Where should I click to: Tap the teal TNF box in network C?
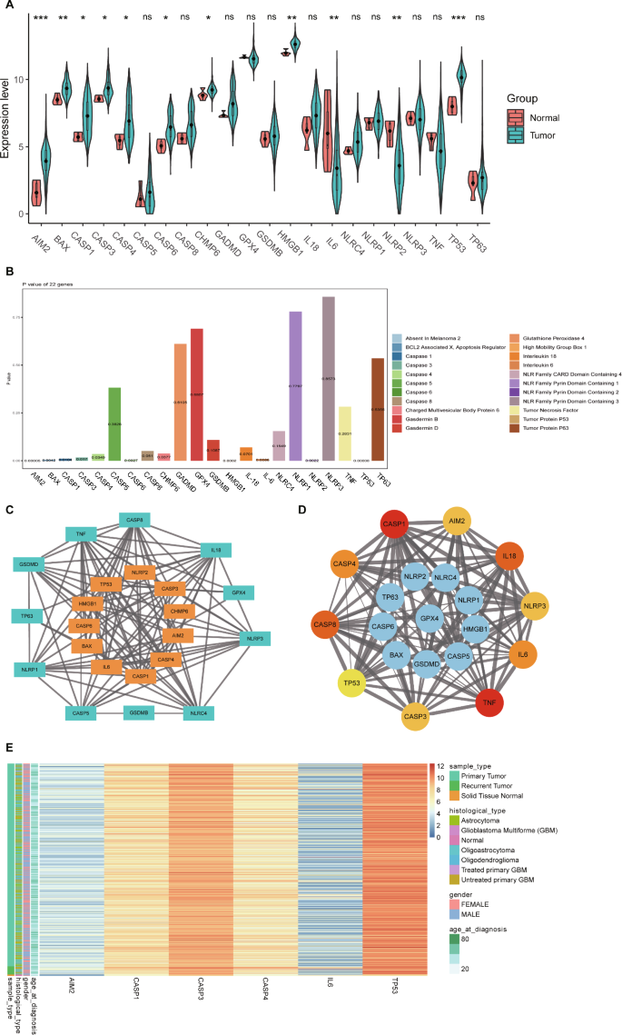pyautogui.click(x=80, y=533)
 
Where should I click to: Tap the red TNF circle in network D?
pyautogui.click(x=490, y=702)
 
